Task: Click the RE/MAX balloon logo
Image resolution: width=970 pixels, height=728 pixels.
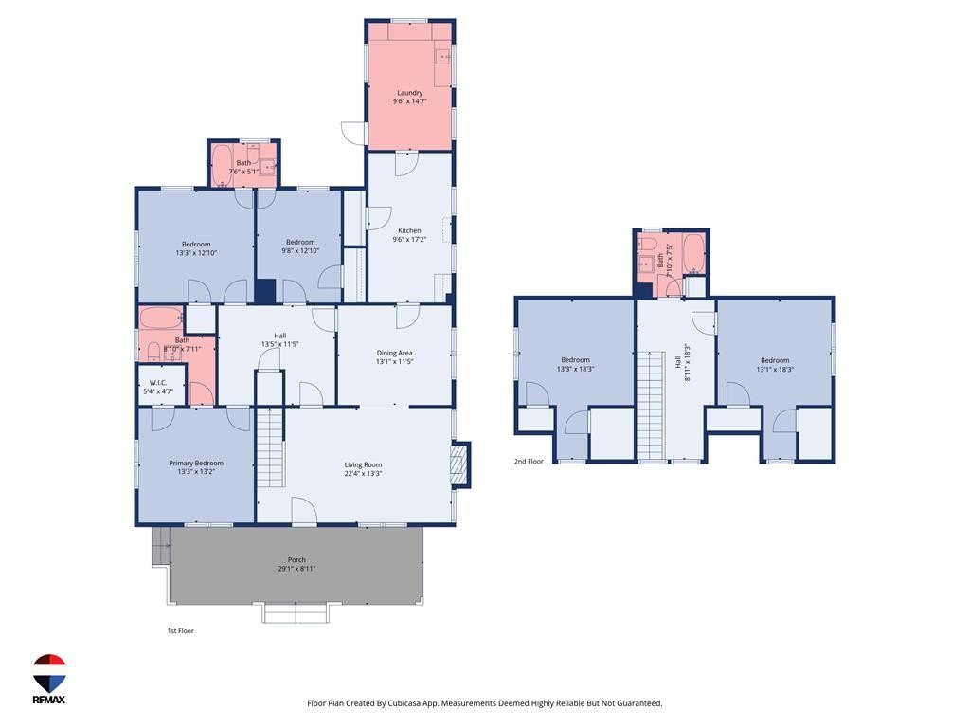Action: click(49, 673)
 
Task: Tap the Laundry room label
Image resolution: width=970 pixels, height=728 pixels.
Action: click(409, 93)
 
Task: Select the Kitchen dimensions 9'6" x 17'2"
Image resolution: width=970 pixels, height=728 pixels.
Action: click(409, 240)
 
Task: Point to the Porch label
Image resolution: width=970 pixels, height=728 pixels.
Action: click(296, 559)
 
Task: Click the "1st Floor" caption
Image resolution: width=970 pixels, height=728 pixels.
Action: click(181, 630)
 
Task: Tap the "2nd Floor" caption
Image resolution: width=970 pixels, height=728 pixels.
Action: click(529, 462)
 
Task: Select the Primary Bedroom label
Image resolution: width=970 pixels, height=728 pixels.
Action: click(196, 463)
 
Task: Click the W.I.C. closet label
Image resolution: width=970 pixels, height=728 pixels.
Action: click(158, 383)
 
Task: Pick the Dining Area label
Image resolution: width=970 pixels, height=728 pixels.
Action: click(394, 353)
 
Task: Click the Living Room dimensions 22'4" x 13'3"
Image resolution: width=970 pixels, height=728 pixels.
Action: click(363, 474)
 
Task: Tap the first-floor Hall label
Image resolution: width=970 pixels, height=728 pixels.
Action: click(280, 336)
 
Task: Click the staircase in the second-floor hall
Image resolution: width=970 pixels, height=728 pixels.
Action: click(651, 406)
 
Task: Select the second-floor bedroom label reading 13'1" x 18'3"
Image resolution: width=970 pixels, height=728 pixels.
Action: click(775, 369)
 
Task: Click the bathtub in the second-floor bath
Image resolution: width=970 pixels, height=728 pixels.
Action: click(694, 253)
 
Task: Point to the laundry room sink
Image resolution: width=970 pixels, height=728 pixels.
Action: click(443, 57)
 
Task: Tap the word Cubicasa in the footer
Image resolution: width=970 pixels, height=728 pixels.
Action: click(405, 703)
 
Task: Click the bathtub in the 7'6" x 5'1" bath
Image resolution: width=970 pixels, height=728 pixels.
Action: click(222, 165)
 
